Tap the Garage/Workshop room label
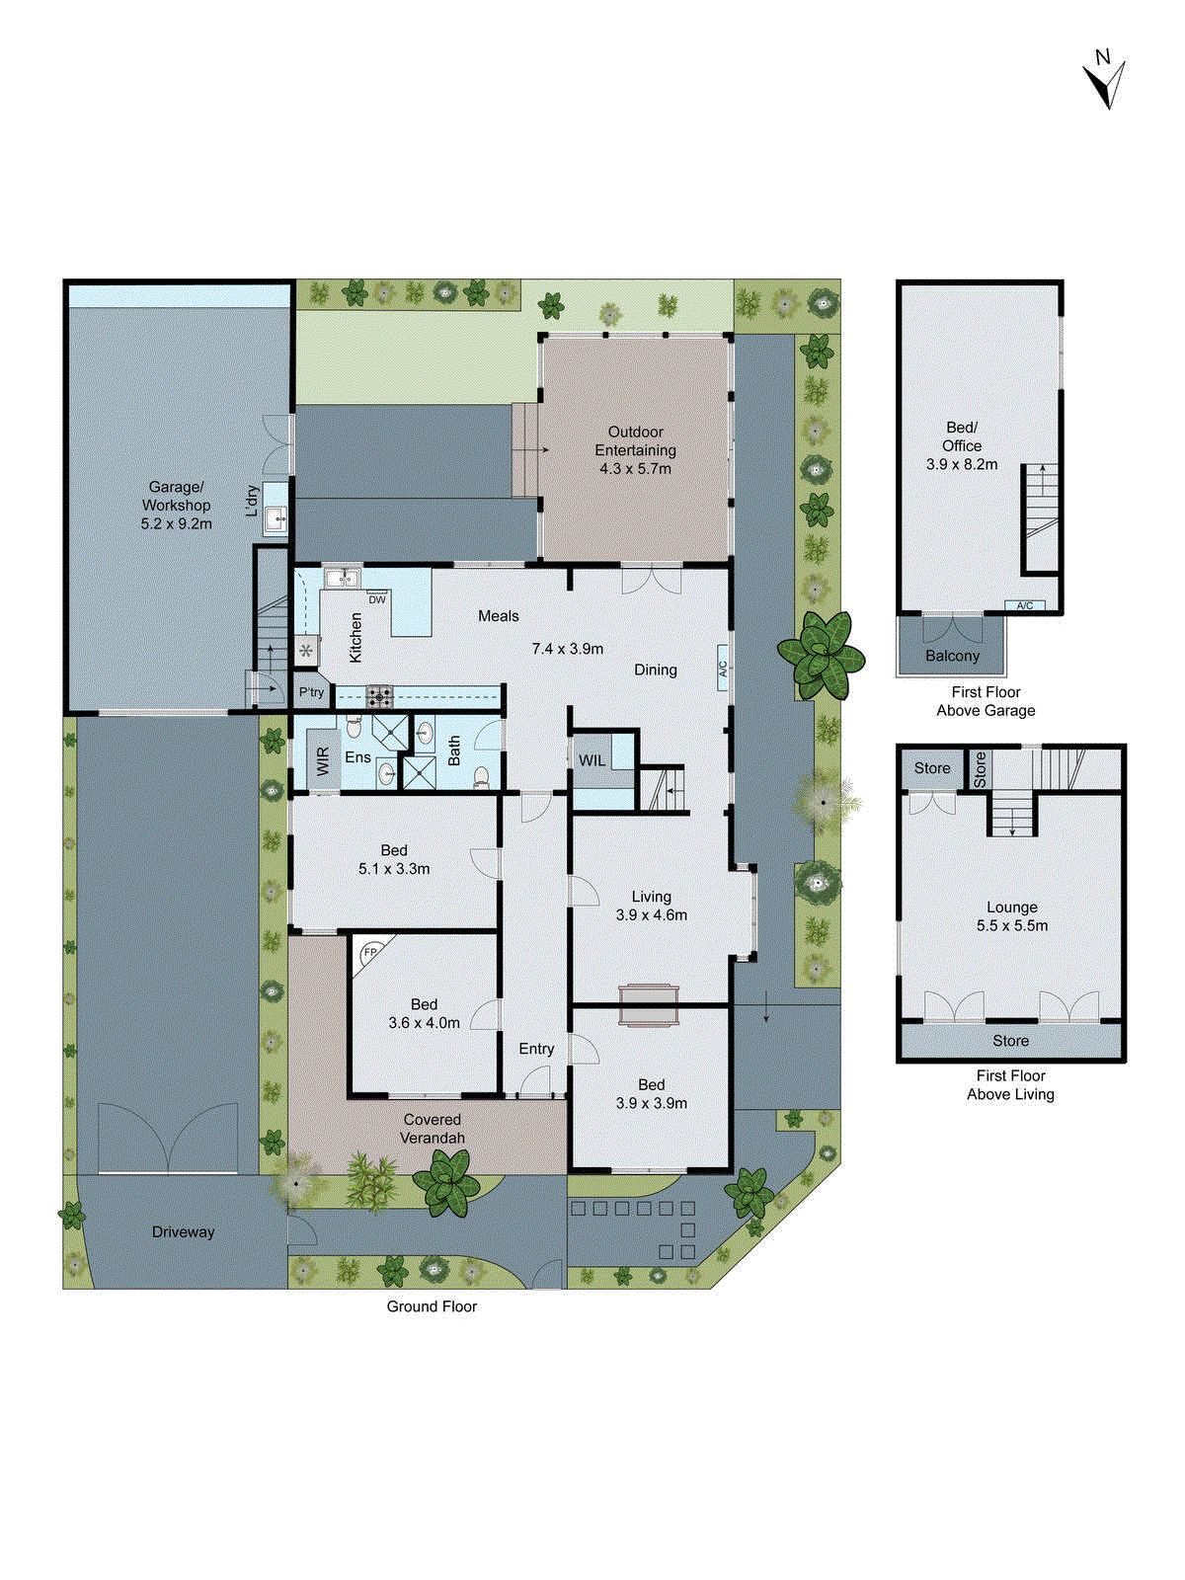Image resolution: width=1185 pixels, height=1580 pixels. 176,496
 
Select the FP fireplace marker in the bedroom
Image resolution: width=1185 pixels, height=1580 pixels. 370,952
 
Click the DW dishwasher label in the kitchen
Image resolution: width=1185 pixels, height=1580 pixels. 377,599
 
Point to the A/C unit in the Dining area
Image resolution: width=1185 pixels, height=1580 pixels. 723,669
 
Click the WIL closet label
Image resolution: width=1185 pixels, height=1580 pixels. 592,760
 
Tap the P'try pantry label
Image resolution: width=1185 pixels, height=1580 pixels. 311,692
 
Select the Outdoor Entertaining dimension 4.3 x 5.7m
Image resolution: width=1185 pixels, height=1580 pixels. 635,468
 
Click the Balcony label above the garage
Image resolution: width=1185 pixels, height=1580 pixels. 952,656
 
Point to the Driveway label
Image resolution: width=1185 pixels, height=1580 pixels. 183,1231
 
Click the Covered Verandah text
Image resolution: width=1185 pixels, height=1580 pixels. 432,1129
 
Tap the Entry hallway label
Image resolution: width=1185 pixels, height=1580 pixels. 536,1049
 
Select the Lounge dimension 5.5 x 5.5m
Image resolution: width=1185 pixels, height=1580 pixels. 1011,925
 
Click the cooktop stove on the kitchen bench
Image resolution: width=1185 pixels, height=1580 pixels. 379,697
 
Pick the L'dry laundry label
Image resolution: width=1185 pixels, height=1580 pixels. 253,500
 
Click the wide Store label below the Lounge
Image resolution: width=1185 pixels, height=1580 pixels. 1010,1041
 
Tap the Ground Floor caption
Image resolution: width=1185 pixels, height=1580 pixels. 432,1306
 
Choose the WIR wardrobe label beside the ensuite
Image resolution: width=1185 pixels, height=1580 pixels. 323,760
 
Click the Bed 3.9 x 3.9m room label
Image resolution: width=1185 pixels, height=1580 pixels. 651,1093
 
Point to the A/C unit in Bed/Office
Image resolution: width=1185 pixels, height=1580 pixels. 1024,605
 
